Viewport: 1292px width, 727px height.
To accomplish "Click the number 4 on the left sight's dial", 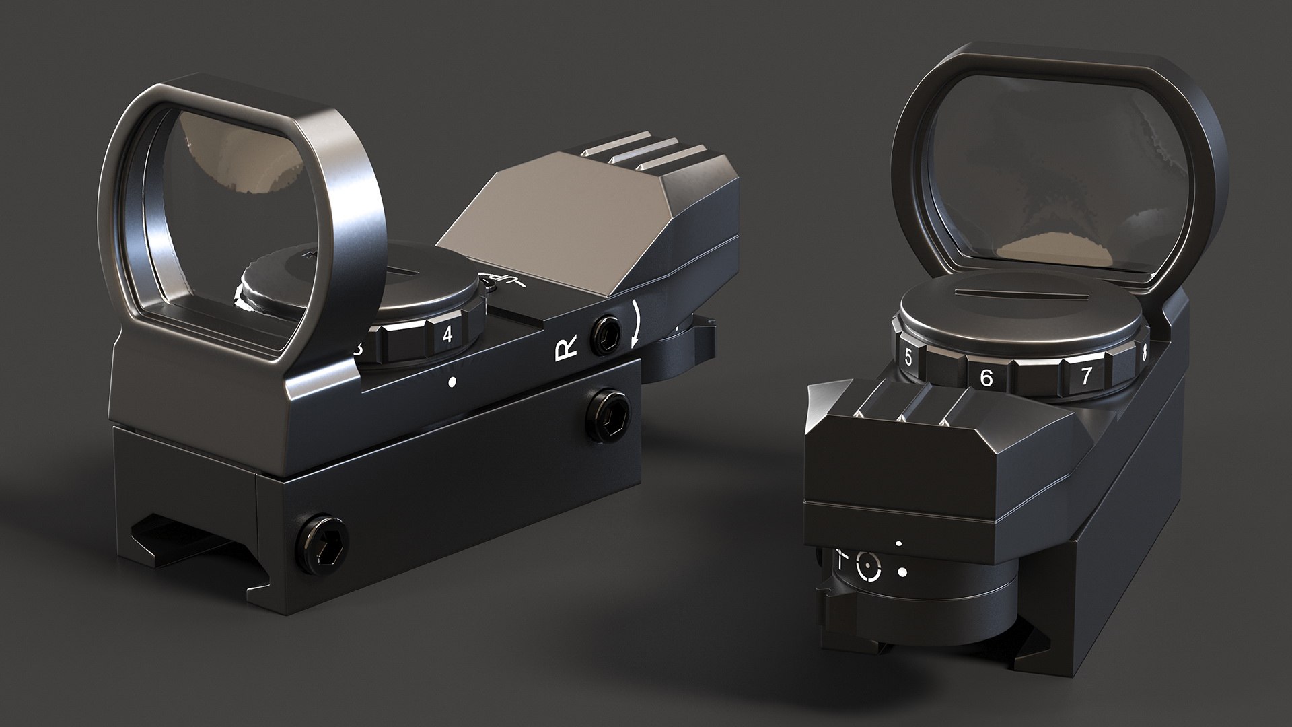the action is pos(447,335).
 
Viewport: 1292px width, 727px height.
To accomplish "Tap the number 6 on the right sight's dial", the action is pos(986,378).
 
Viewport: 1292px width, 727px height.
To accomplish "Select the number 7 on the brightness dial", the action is pos(1085,375).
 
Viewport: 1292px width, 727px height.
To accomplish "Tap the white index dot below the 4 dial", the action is pos(452,382).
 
